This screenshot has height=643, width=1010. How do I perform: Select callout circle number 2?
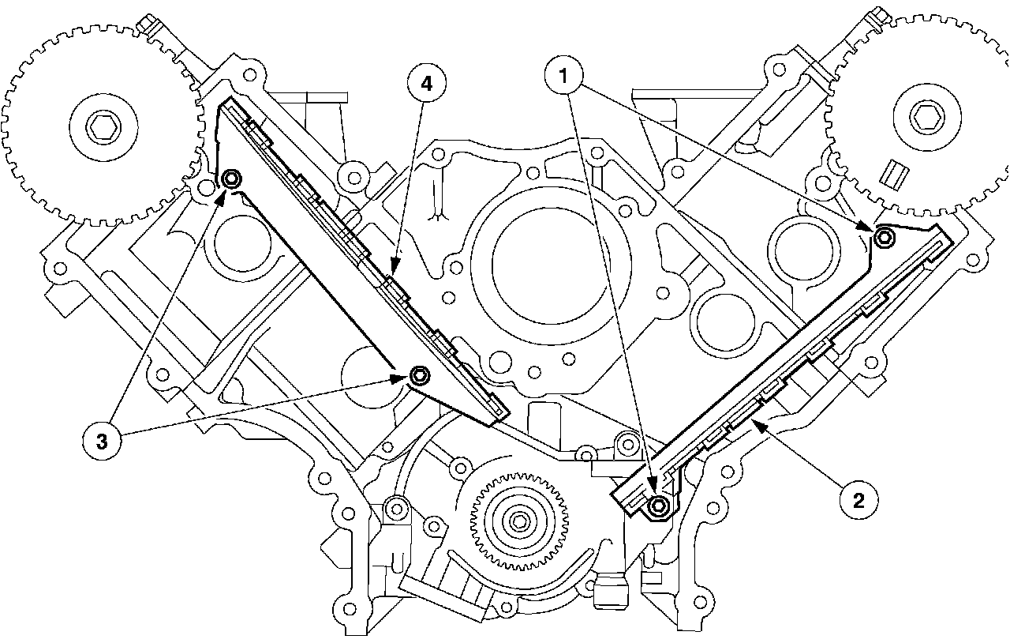coord(858,499)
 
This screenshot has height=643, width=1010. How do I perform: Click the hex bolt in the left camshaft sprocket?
coord(103,126)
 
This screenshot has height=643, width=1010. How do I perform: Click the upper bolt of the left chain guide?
coord(231,180)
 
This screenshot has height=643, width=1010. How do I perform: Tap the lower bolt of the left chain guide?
coord(418,374)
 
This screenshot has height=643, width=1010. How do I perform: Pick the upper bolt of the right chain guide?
coord(885,235)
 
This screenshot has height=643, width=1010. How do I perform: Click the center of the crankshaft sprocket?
coord(518,522)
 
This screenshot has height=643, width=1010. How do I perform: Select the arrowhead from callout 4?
coord(394,276)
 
